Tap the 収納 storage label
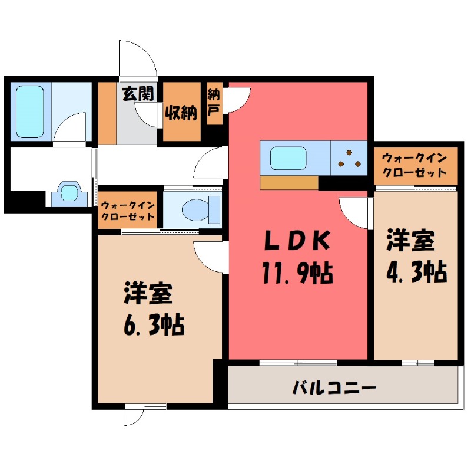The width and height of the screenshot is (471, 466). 180,112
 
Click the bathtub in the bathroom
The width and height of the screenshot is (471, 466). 30,111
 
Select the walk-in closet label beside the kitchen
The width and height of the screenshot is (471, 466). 414,166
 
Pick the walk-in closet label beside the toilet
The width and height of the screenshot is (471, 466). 127,210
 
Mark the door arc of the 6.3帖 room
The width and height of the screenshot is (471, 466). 210,257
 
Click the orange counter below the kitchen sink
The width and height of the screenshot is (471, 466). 288,183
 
